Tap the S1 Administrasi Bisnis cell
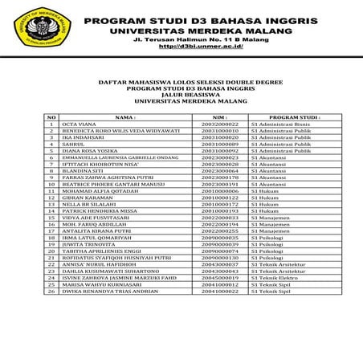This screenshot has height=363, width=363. tap(279, 124)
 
